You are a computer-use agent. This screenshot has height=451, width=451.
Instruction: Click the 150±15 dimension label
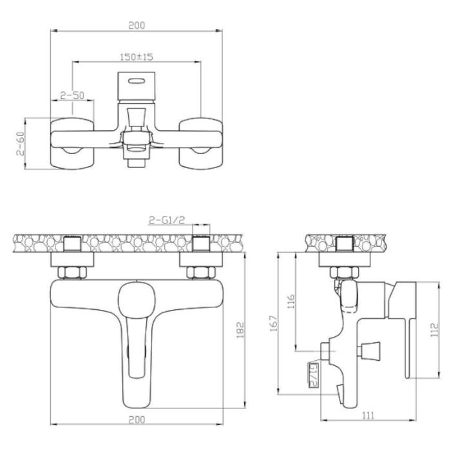pos(137,57)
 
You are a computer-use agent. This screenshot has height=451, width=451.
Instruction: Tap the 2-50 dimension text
pos(72,95)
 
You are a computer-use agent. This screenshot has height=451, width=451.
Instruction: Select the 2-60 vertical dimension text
pos(21,144)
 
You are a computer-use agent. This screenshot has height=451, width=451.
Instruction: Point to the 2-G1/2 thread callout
pos(167,220)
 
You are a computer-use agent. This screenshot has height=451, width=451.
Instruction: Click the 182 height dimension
pos(240,330)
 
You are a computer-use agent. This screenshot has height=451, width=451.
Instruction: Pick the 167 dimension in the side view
pos(274,323)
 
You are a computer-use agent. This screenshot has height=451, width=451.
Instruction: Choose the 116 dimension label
pos(291,301)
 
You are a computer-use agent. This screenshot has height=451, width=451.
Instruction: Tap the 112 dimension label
pos(435,330)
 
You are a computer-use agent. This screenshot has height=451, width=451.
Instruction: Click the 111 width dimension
pos(369,416)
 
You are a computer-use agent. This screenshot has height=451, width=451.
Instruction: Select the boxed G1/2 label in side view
pos(314,375)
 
